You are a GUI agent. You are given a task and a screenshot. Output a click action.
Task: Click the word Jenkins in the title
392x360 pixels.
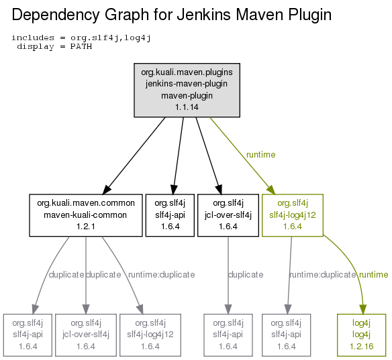coord(203,15)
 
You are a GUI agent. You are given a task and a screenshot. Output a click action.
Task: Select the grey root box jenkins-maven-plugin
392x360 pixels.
coord(187,90)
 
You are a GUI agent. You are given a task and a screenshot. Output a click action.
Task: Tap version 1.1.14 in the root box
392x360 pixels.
coord(187,107)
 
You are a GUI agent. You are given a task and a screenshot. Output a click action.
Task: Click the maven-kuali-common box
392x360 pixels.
coord(86,215)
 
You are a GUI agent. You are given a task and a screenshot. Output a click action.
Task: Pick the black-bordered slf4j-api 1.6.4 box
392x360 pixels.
coord(170,215)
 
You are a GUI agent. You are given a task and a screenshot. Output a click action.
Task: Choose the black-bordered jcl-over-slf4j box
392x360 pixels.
coord(228,215)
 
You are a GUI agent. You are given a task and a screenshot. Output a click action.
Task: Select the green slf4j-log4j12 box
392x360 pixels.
coord(293,215)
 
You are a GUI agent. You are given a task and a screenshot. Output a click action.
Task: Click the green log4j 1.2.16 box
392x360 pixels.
coord(362,335)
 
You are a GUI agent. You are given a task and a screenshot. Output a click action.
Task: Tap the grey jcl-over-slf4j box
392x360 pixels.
coord(86,335)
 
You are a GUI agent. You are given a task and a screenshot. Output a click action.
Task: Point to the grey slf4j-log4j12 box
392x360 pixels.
coord(150,335)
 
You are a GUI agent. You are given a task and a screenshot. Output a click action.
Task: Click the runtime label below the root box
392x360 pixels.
coord(260,155)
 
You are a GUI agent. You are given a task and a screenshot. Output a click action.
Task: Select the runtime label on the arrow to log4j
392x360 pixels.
coord(373,275)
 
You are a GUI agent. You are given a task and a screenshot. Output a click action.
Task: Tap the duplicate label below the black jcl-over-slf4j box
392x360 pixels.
coord(246,275)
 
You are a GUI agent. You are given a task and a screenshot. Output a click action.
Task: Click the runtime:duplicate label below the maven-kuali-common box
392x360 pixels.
coord(162,275)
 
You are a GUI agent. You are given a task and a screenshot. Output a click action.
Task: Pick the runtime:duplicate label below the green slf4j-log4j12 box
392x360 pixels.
coord(322,275)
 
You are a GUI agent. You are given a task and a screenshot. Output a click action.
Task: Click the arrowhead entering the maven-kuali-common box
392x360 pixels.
coord(107,189)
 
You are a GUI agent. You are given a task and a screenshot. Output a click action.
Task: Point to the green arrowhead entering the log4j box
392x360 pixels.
coord(362,309)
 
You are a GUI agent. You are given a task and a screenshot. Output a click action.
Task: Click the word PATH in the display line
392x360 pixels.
coord(81,47)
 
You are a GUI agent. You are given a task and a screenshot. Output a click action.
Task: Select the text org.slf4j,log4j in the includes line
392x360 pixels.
coord(111,38)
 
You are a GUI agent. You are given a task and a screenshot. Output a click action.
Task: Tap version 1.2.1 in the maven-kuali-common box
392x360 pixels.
coord(86,227)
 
